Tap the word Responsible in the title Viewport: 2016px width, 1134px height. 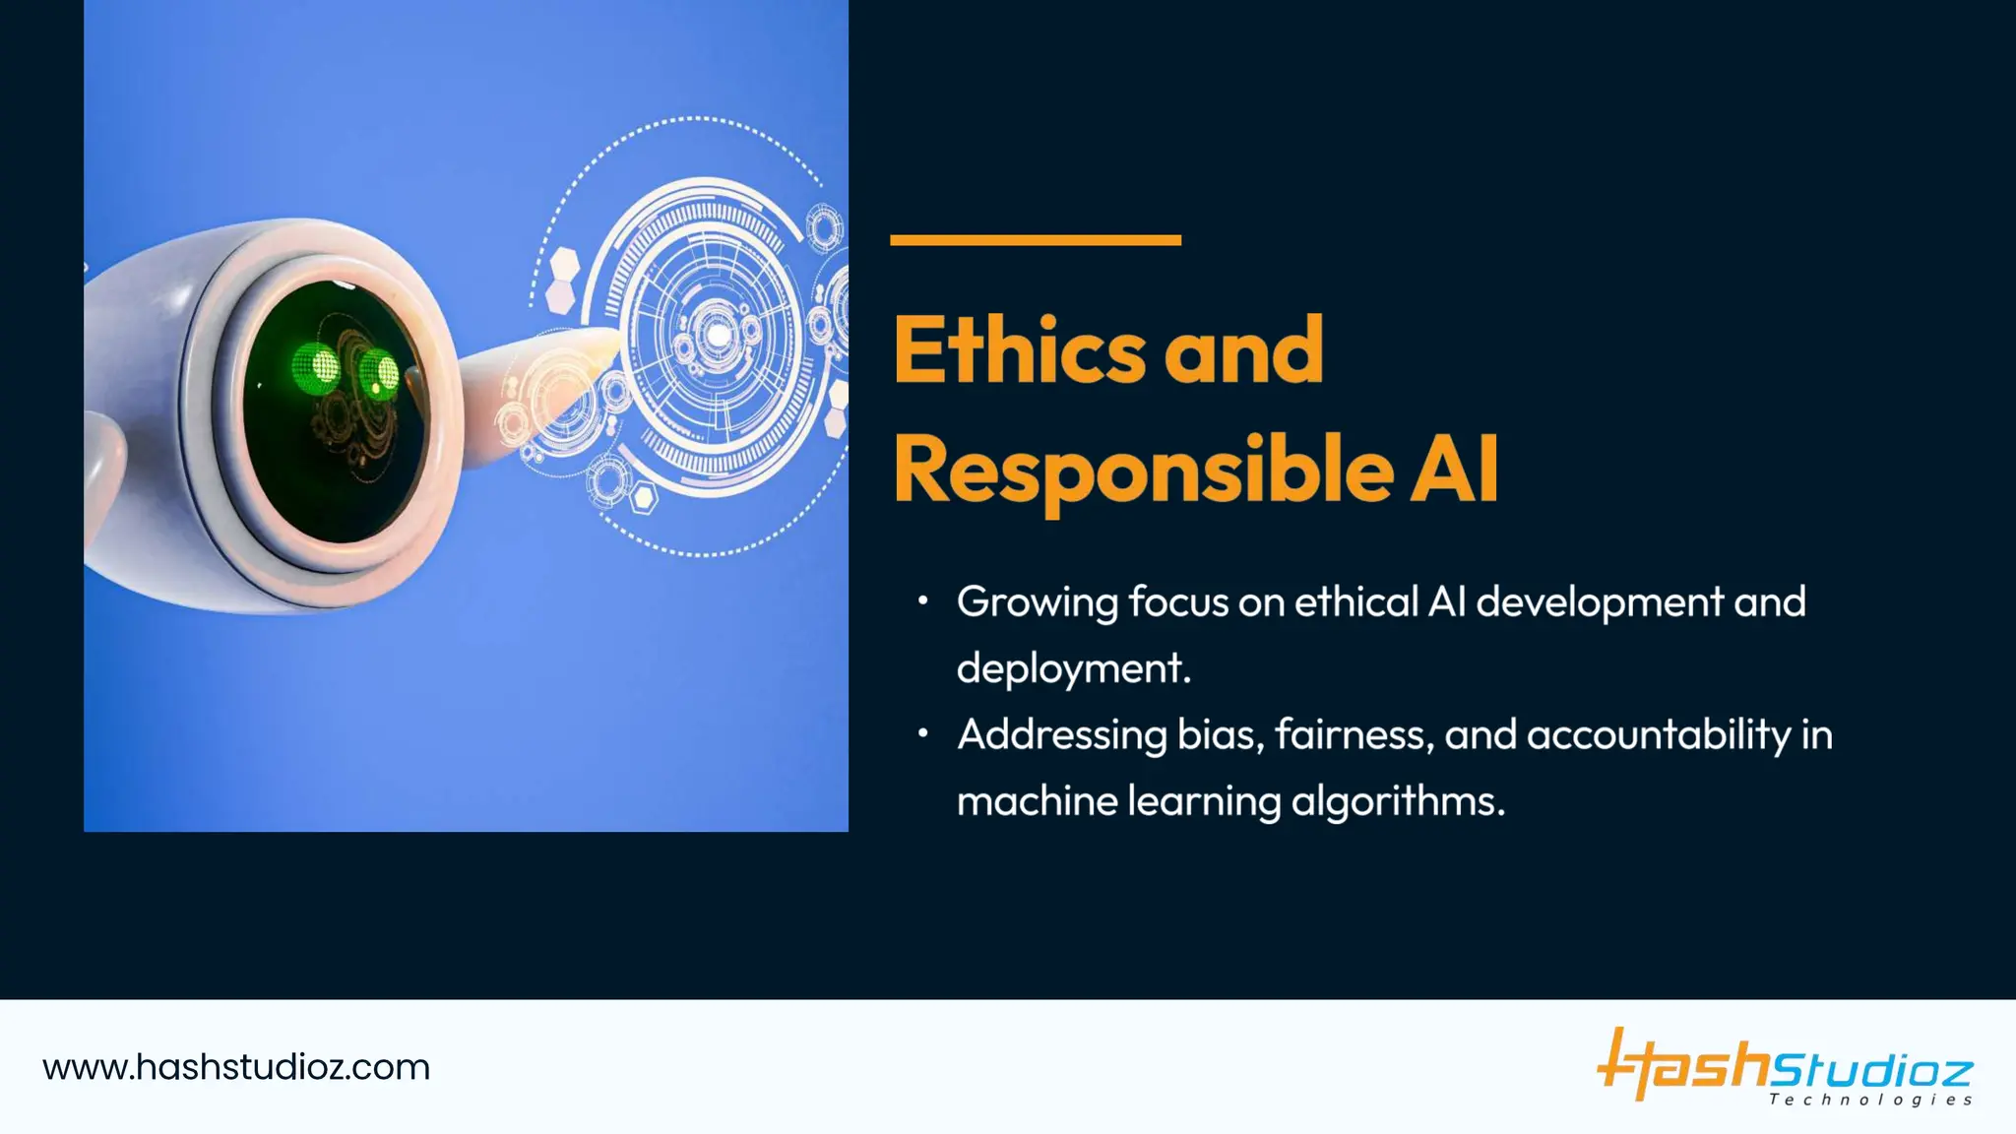pos(1142,471)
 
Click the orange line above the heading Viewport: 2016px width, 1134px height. pos(1035,240)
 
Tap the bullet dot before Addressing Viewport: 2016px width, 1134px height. pos(922,733)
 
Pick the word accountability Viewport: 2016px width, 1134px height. pos(1658,735)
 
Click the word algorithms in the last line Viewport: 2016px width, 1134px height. pos(1397,802)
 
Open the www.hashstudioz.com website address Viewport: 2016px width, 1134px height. pos(236,1068)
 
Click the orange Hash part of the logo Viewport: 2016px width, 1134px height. pos(1683,1065)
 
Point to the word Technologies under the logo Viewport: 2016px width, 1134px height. pos(1870,1101)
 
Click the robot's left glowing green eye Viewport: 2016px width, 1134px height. pos(316,369)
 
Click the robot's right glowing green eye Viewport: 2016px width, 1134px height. pos(379,373)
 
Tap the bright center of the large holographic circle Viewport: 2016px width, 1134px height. pos(719,336)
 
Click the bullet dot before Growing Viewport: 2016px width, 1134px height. pos(922,600)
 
